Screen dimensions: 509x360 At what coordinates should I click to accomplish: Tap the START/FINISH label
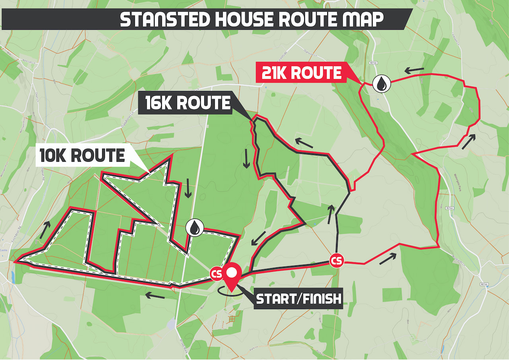click(x=299, y=299)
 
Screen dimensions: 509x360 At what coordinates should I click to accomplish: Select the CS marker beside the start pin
click(x=216, y=274)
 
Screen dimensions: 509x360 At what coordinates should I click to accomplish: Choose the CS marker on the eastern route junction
click(x=336, y=261)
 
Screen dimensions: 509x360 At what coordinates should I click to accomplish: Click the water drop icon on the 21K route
click(x=381, y=84)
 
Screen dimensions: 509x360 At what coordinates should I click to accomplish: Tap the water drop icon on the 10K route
click(x=194, y=228)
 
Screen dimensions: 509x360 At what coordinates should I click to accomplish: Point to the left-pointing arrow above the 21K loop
click(x=414, y=71)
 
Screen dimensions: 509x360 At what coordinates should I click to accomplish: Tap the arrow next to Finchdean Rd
click(x=46, y=230)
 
